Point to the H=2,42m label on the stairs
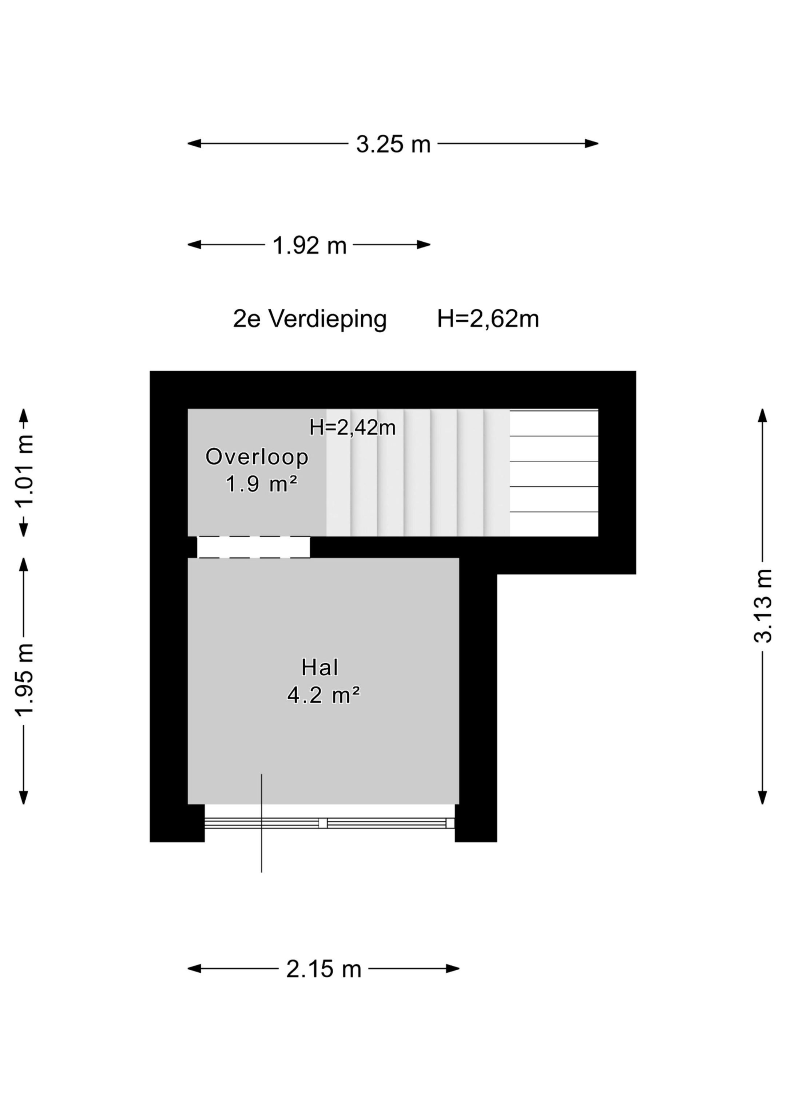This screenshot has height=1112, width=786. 353,428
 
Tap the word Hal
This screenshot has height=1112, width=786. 319,668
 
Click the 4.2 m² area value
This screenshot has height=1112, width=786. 323,696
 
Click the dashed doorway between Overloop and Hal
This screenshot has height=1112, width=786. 253,547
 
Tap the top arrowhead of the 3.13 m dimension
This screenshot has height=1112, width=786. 762,415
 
